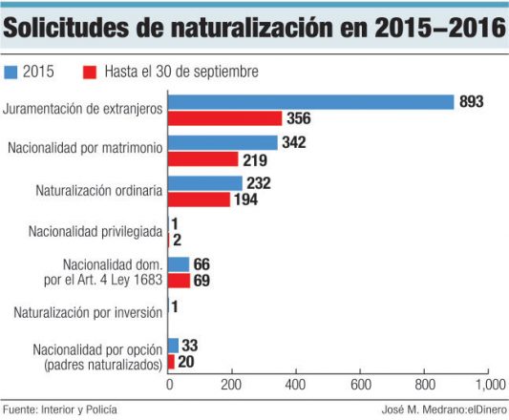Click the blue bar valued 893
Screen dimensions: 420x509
coord(310,102)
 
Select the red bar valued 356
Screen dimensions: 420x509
coord(224,118)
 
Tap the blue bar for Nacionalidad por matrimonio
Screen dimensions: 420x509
coord(223,142)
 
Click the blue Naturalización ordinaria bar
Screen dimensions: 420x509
coord(204,183)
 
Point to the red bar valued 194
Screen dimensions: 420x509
coord(199,199)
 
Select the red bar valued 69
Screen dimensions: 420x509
coord(179,281)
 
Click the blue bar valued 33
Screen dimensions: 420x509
coord(173,346)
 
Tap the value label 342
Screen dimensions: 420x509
coord(296,142)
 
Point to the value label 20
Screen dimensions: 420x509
coord(189,362)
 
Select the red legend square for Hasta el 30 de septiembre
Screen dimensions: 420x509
coord(89,72)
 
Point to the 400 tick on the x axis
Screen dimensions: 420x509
coord(295,385)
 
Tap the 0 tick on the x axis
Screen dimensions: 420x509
coord(169,385)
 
